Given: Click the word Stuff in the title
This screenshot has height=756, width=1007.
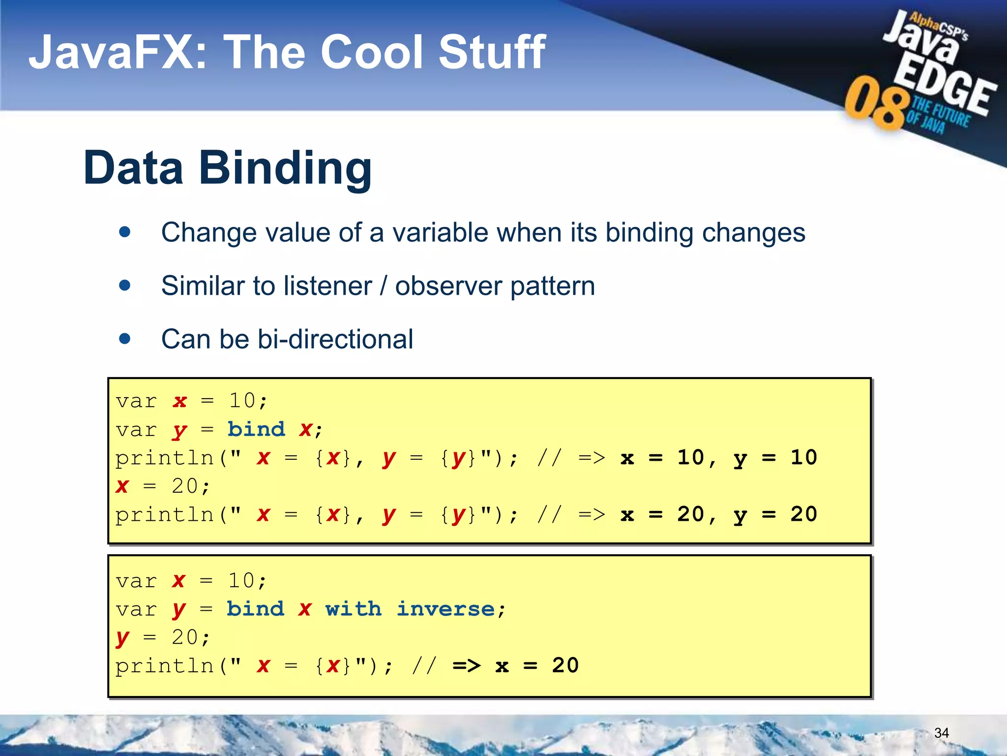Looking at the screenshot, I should [492, 52].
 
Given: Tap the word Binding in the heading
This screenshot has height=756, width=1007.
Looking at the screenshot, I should [285, 168].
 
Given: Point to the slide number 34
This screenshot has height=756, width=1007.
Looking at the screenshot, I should [941, 733].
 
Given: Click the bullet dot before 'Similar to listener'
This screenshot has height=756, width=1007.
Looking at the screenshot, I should [125, 285].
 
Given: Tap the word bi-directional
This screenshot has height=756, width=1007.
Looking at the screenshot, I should [335, 339].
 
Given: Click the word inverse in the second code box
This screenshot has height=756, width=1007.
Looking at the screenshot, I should [445, 609].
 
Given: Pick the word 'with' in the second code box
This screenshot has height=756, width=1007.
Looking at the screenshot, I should [353, 609].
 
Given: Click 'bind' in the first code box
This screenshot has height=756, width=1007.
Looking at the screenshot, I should [256, 429].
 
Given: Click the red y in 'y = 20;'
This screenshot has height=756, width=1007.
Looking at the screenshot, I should [122, 638].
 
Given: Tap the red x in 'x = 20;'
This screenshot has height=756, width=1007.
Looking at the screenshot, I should [122, 487].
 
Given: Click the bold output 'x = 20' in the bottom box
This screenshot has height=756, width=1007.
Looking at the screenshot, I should [537, 666].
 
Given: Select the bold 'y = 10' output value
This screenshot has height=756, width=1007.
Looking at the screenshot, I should [775, 458].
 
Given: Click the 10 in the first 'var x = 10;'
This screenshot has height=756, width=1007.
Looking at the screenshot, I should [242, 401].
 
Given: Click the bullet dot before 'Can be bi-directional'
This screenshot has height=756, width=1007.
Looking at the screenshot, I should [125, 339].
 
